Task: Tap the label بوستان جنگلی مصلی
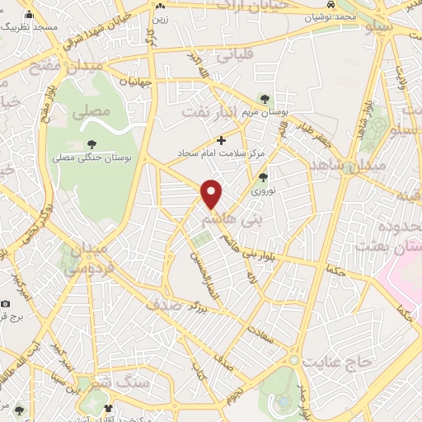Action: (86, 156)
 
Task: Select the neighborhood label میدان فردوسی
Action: (83, 257)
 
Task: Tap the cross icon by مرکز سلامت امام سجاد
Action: (220, 140)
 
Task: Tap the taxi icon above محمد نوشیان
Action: (330, 5)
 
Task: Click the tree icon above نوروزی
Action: (263, 176)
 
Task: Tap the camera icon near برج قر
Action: (7, 303)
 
